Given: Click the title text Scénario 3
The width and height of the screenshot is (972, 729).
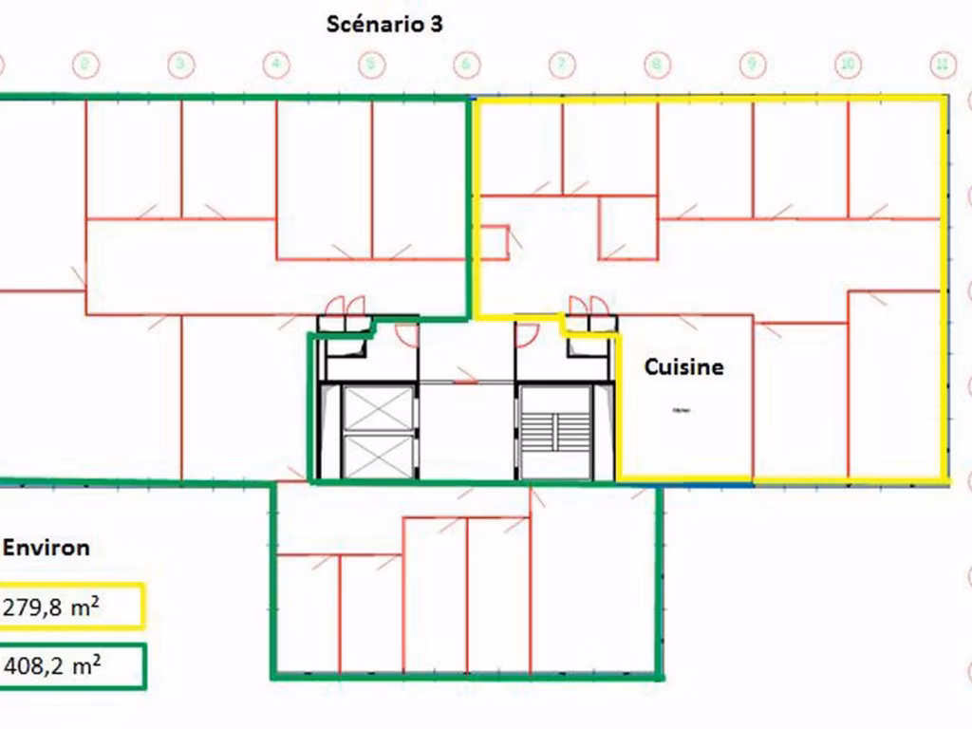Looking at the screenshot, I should point(383,25).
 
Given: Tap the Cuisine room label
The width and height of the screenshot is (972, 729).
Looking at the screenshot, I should point(683,366).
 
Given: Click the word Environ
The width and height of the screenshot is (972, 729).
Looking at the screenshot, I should point(47,548).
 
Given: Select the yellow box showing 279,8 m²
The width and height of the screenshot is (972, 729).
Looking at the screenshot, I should point(72,607).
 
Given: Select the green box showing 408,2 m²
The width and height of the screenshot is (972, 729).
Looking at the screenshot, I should point(72,666).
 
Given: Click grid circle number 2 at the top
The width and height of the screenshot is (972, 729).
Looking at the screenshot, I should point(85,65).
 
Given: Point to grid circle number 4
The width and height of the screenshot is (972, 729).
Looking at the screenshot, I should point(275,65).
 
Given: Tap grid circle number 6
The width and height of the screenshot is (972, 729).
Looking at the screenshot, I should point(466,65).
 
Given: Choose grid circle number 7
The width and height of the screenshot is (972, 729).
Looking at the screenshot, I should point(562,65).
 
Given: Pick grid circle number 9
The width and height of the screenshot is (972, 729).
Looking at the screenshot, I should point(752,65).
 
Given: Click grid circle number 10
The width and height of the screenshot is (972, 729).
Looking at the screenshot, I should point(848,65).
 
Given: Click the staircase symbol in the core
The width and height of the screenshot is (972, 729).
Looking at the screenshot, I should point(555,433).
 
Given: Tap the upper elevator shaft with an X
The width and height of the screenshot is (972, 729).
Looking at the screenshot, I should point(378,407).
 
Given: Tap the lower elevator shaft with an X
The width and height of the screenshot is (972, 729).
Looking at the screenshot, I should point(378,456).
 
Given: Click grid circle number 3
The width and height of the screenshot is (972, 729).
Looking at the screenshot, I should point(180,65).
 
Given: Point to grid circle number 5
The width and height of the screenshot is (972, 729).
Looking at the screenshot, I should point(371,65).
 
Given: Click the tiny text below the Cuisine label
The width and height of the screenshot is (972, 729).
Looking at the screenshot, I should point(681,410).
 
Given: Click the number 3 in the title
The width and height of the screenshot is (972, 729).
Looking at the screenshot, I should point(435,25).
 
